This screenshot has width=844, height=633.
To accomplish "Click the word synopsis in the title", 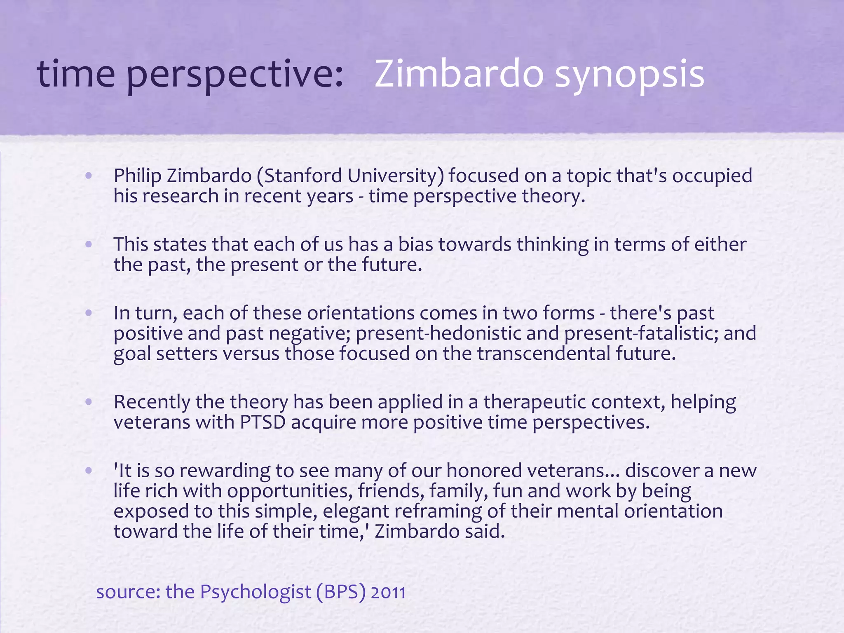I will pos(629,74).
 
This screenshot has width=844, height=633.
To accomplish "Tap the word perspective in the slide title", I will pos(234,74).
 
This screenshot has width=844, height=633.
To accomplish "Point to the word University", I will pos(395,176).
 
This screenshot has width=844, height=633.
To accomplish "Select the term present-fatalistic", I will pos(641,333).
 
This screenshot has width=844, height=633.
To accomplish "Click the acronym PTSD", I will pos(263,422).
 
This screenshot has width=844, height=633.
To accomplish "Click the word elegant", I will pos(356,511).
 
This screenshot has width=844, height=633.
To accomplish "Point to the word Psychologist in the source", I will pos(256,592).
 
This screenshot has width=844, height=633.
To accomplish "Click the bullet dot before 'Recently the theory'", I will pos(88,401).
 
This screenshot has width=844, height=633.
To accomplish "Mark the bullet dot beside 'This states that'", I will pos(88,244).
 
